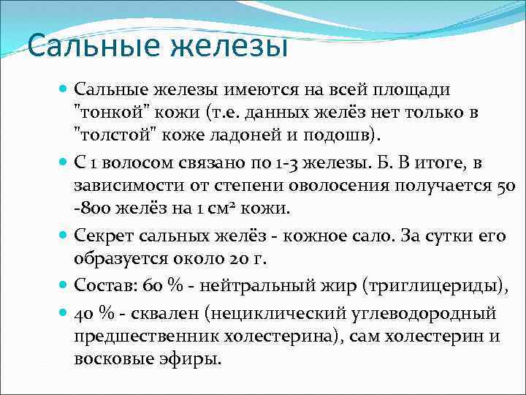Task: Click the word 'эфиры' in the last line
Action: (x=192, y=359)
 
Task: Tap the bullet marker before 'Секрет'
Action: (x=64, y=235)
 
